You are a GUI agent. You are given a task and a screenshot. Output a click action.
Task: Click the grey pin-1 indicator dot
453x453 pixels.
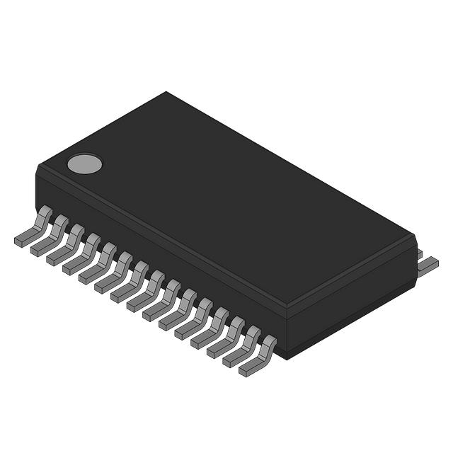[x=84, y=164]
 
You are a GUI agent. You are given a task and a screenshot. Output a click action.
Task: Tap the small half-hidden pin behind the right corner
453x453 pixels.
[x=418, y=253]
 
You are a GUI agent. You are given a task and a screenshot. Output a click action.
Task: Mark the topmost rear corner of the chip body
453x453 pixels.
[x=166, y=92]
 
